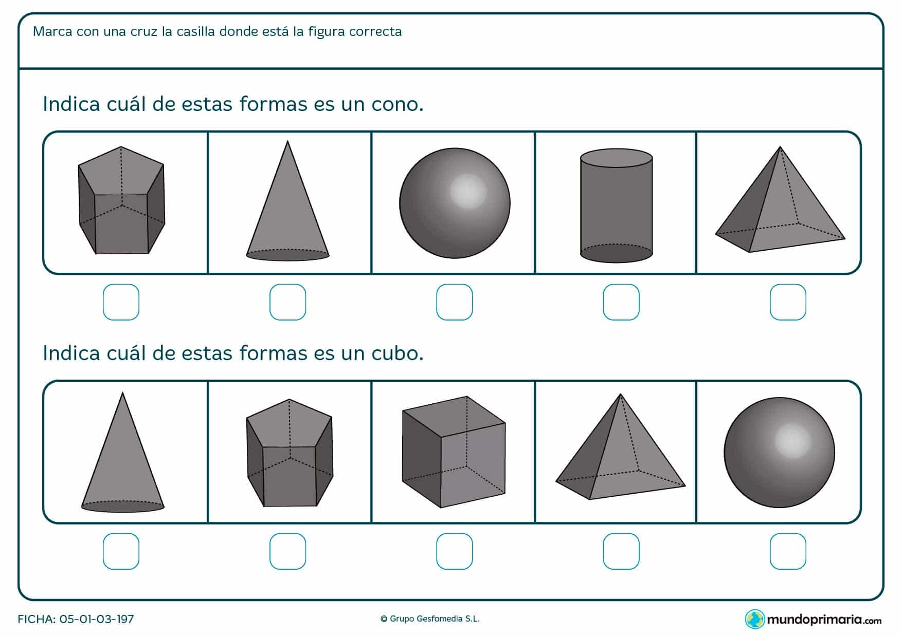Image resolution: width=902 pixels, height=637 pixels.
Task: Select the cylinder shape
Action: (616, 205)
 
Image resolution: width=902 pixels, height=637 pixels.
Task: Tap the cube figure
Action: (454, 452)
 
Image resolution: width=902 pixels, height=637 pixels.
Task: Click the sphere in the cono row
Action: (455, 203)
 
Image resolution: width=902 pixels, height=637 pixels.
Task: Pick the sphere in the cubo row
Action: (779, 453)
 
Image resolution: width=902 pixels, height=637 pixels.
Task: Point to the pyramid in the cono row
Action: (779, 205)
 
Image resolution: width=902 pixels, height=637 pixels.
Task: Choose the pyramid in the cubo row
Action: (620, 452)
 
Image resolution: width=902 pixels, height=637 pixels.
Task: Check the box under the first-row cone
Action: (287, 302)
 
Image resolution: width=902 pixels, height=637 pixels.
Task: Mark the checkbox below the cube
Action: (454, 551)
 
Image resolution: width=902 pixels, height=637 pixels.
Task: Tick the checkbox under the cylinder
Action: (621, 302)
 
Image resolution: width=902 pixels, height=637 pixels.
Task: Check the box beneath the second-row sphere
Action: (787, 551)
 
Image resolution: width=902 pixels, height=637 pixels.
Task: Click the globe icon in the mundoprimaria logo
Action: (755, 619)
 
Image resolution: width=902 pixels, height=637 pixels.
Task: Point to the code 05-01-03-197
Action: (97, 619)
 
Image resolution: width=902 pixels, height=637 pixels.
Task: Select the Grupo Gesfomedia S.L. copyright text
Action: (430, 619)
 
